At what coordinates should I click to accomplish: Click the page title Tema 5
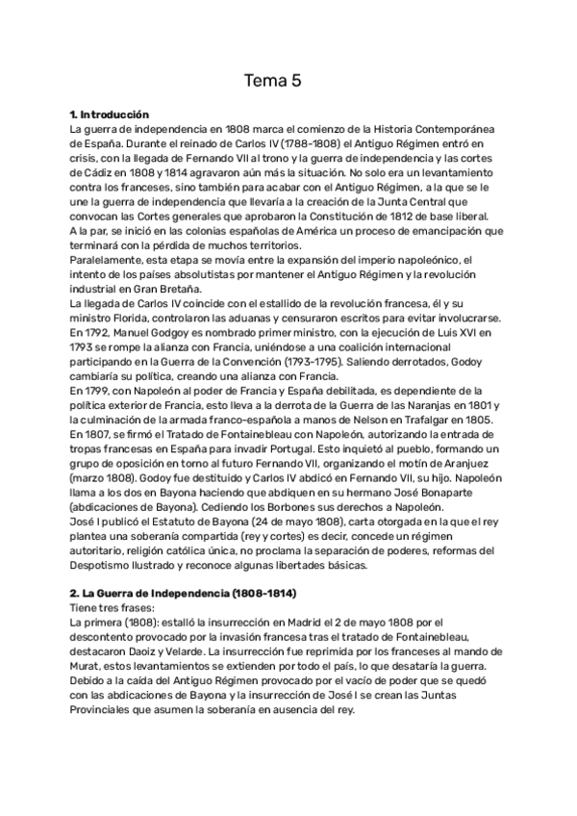(x=273, y=81)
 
